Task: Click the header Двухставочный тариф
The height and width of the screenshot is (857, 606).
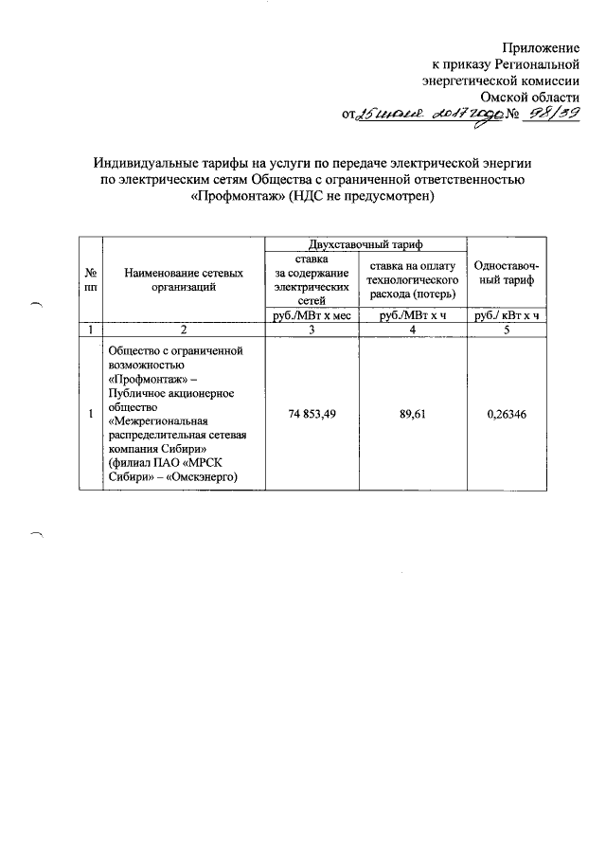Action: [x=365, y=244]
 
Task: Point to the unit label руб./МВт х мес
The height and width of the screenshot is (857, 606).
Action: [x=312, y=315]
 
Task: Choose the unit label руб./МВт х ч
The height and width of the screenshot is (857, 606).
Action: [x=412, y=315]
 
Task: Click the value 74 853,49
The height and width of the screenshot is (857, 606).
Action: [x=312, y=414]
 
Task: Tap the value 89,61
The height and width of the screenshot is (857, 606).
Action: [x=412, y=414]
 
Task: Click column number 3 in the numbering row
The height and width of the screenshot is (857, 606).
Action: [x=312, y=330]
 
